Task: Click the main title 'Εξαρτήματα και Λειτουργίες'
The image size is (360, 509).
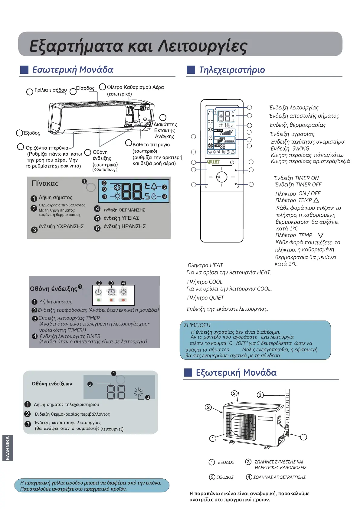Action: coord(138,46)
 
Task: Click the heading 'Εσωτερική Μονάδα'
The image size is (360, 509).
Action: coord(73,70)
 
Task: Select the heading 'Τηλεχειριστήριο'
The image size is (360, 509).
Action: coord(232,70)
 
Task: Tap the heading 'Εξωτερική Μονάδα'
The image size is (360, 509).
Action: coord(236,372)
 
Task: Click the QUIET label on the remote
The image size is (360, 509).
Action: coord(213,162)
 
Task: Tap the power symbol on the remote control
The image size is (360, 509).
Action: coord(232,162)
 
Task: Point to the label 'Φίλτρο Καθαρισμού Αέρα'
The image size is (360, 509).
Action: coord(135,87)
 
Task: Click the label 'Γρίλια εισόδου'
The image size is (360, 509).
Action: coord(51,90)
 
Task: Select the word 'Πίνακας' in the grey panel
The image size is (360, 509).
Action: coord(45,183)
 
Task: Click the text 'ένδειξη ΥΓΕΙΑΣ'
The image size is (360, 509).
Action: coord(122,218)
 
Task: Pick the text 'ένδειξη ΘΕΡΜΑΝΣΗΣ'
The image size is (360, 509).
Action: coord(124,210)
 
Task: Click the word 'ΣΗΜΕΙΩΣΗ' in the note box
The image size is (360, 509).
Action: coord(197,325)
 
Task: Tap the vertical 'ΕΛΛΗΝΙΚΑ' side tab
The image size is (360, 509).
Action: coord(8,448)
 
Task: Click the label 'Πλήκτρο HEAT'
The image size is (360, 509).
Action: coord(205,265)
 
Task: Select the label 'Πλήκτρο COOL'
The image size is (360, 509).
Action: coord(205,282)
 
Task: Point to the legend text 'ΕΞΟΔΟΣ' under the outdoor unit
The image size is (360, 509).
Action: coord(226,462)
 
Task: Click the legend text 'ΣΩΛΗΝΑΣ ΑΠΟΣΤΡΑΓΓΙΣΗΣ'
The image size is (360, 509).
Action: coord(279,477)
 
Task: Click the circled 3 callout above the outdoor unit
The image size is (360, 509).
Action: coord(260,395)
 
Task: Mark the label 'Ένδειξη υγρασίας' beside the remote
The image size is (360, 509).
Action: coord(292,134)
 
